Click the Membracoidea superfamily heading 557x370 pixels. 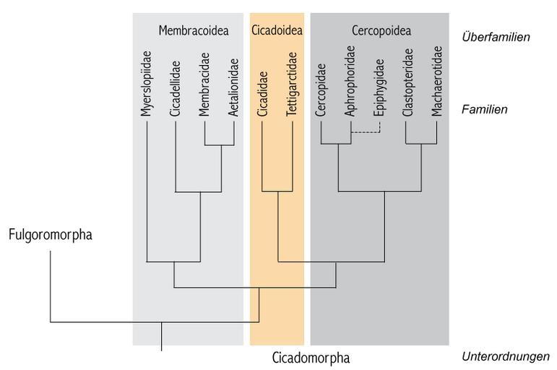(x=194, y=30)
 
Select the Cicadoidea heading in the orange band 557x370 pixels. (x=277, y=30)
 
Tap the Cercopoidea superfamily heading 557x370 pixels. (x=381, y=30)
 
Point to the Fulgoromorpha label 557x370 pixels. (x=51, y=235)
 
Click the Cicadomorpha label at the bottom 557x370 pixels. (x=311, y=358)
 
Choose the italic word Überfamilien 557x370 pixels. (x=496, y=37)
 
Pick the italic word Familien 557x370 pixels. (x=485, y=109)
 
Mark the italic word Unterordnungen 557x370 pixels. (x=506, y=356)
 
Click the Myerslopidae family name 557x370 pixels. (x=146, y=84)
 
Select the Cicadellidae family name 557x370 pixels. (x=175, y=89)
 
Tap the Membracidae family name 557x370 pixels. (x=204, y=85)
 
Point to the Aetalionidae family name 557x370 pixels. (x=233, y=87)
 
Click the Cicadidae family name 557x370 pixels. (x=262, y=94)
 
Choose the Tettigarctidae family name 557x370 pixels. (x=292, y=85)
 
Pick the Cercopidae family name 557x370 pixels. (x=321, y=90)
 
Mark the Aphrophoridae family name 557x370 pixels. (x=350, y=81)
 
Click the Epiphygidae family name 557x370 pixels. (x=379, y=87)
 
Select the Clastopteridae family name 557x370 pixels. (x=408, y=82)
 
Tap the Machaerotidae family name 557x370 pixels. (x=437, y=81)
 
